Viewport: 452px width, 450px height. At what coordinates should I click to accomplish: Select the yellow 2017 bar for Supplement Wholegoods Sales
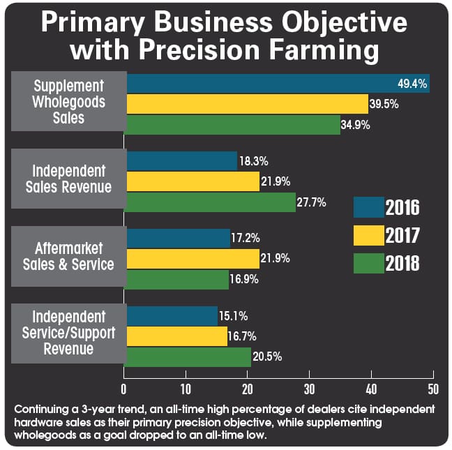pos(247,105)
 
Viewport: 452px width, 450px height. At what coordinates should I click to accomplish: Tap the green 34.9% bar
pos(233,125)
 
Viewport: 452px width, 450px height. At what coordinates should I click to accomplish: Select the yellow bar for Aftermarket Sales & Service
pos(193,259)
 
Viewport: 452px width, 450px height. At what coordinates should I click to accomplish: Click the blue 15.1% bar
pos(172,316)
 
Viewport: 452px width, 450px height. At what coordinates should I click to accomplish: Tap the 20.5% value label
pos(268,357)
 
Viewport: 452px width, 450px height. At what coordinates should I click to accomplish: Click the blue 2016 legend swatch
pos(368,207)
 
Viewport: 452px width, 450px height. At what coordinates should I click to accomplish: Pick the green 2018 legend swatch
pos(368,264)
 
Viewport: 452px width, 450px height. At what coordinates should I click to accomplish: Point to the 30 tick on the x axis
pos(309,388)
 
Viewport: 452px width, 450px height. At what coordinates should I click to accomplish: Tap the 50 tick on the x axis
pos(432,388)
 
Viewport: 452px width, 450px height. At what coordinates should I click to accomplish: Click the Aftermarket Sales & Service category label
pos(68,255)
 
